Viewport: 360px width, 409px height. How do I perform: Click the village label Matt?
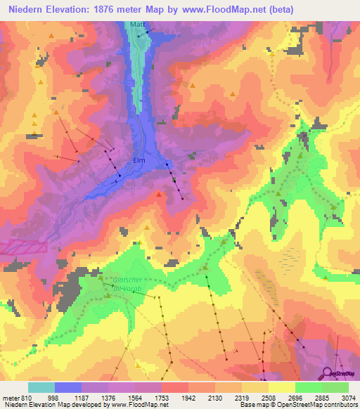point(137,25)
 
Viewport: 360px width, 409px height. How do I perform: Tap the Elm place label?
point(139,160)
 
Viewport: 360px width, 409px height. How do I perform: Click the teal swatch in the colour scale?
point(41,387)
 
